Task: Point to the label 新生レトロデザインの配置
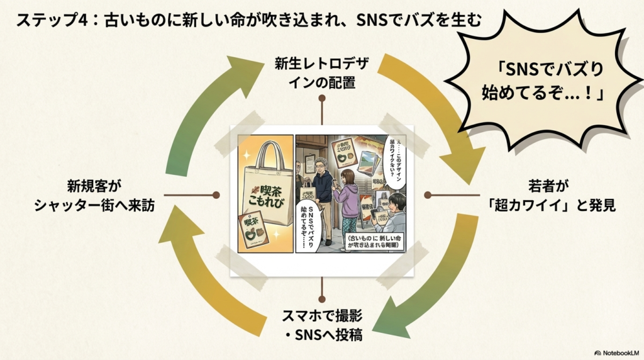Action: tap(323, 73)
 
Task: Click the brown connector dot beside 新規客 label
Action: tap(216, 195)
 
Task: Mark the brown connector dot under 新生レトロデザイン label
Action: tap(322, 99)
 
